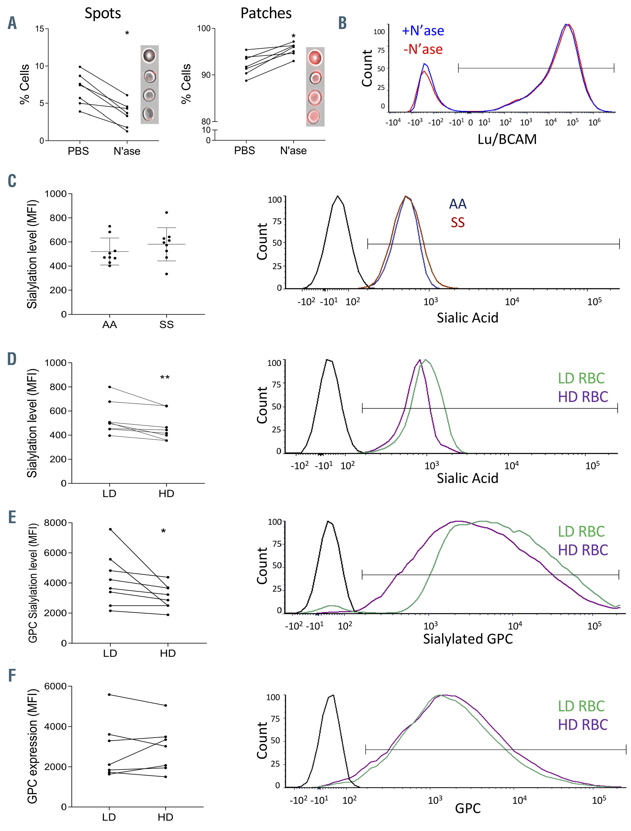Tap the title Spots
(x=102, y=14)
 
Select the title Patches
(x=266, y=14)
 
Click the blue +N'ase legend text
(x=423, y=31)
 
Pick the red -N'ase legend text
(x=423, y=49)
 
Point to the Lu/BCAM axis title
(x=507, y=139)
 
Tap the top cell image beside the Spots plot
(x=149, y=56)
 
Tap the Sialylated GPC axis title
(x=468, y=639)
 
